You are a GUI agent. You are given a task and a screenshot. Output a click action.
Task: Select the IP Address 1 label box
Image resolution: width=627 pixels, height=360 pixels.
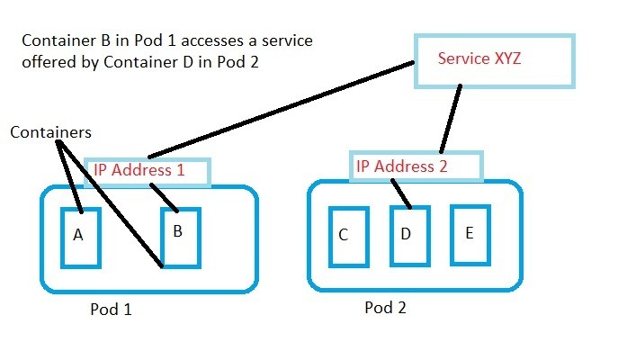click(x=148, y=173)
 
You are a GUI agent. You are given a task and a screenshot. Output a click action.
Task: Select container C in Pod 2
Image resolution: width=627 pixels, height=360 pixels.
click(x=349, y=237)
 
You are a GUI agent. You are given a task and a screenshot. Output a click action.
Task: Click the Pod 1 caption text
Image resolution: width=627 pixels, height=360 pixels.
click(x=112, y=310)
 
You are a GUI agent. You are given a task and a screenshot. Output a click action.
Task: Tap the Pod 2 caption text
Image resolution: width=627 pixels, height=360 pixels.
click(x=385, y=308)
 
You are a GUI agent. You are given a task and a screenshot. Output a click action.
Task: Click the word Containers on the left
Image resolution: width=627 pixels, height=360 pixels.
click(x=50, y=132)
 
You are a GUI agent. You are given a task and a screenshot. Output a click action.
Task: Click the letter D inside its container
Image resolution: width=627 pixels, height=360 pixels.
click(x=406, y=235)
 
